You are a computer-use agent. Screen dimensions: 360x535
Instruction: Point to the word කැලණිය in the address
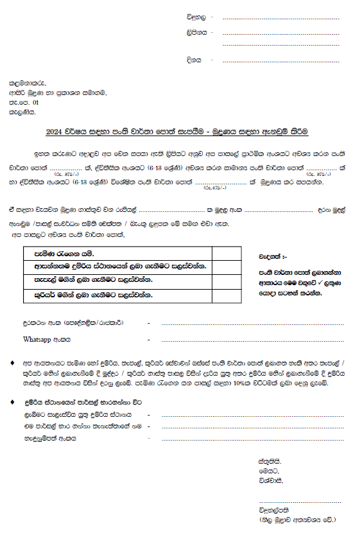pyautogui.click(x=23, y=112)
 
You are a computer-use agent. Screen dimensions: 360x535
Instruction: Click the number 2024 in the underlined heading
pyautogui.click(x=56, y=132)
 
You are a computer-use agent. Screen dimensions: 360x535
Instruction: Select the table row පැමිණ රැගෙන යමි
pyautogui.click(x=57, y=252)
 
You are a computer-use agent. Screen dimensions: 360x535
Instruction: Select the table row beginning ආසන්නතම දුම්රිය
pyautogui.click(x=116, y=266)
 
